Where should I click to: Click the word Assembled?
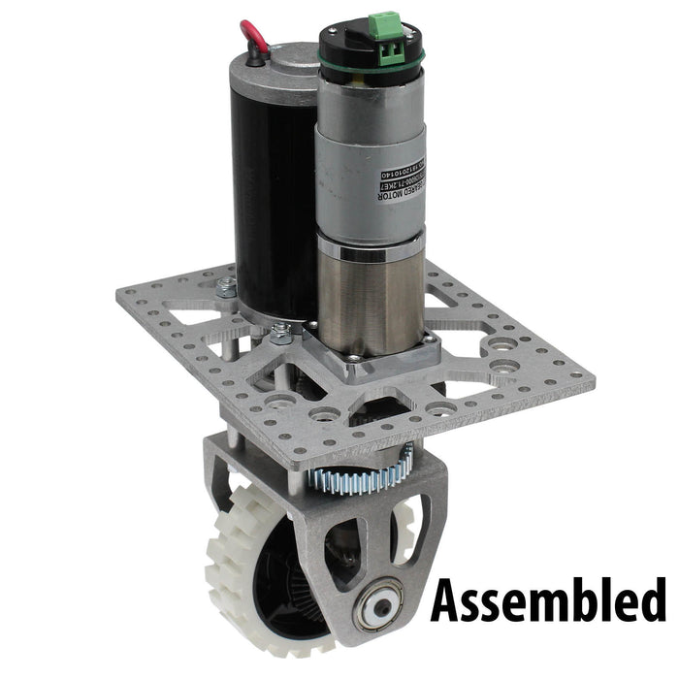click(548, 599)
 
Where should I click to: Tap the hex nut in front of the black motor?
click(282, 334)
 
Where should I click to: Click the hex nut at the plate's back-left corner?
click(226, 285)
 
